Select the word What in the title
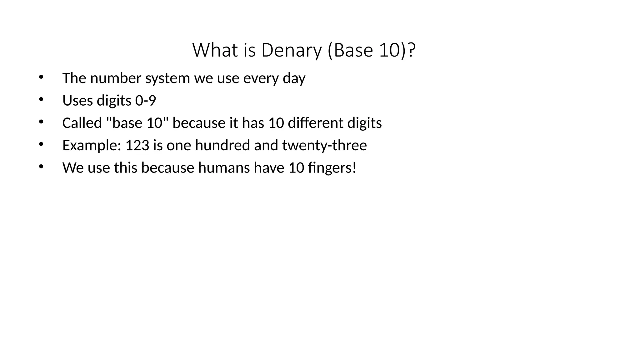(x=215, y=50)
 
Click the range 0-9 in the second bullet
(x=145, y=101)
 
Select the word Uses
(x=77, y=101)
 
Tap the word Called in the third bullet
(x=82, y=123)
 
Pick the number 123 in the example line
(x=137, y=145)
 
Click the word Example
(x=92, y=146)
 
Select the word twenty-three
(x=324, y=145)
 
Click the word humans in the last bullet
(x=224, y=168)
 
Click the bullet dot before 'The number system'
(x=41, y=77)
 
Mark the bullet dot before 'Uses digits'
(x=41, y=99)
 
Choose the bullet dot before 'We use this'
(x=41, y=167)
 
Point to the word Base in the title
(x=353, y=50)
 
